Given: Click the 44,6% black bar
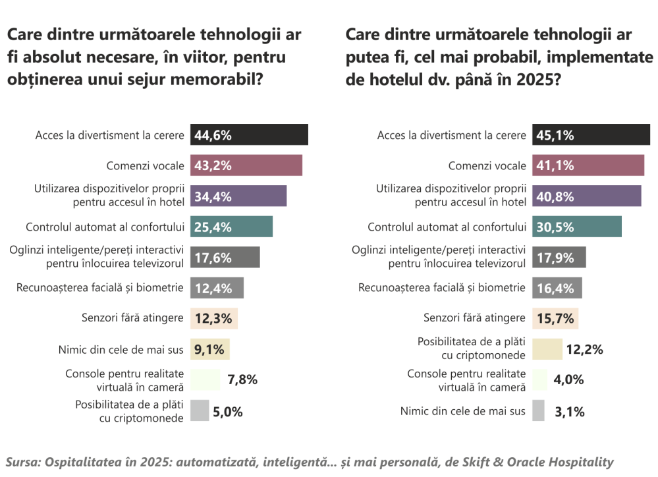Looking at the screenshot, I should pyautogui.click(x=249, y=134).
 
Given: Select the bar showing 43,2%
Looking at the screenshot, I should pyautogui.click(x=246, y=165).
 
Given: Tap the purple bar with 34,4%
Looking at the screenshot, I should pyautogui.click(x=238, y=196).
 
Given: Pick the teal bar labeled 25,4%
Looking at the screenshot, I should pyautogui.click(x=231, y=227).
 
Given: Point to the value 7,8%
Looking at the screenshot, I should pyautogui.click(x=242, y=379).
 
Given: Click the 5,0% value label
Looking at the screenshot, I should pyautogui.click(x=228, y=412).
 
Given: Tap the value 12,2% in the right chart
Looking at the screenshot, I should pyautogui.click(x=585, y=349).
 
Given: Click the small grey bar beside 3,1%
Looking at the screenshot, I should pyautogui.click(x=538, y=410).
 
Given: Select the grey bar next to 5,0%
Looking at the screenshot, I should pyautogui.click(x=200, y=410).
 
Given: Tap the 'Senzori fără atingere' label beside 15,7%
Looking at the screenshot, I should pyautogui.click(x=474, y=318).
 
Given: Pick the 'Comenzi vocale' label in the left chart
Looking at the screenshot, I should pyautogui.click(x=145, y=165).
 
